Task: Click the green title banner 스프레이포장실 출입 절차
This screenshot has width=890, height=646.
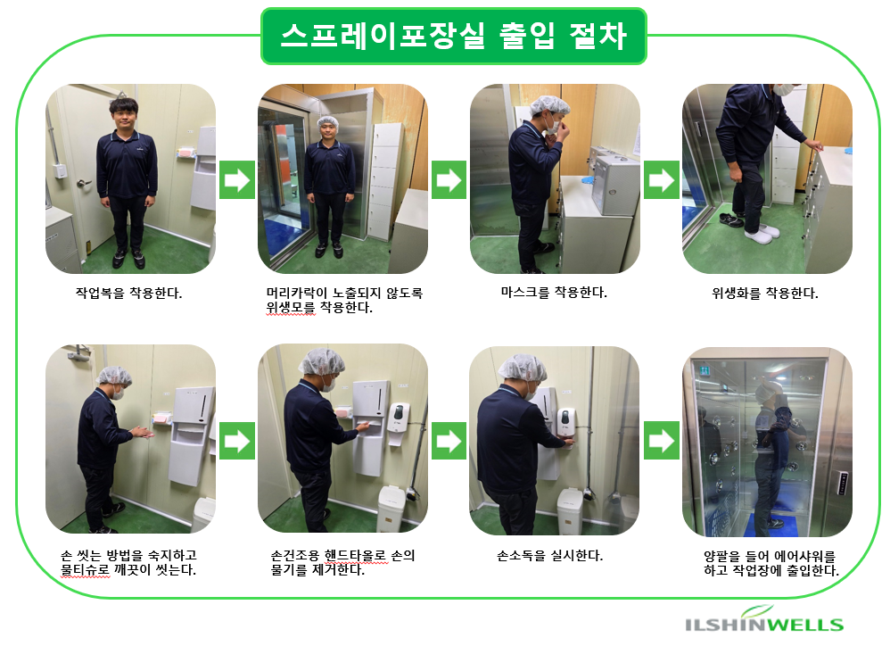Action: pos(454,36)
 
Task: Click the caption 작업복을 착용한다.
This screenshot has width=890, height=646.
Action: pos(128,294)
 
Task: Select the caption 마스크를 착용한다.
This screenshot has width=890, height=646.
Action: pos(554,293)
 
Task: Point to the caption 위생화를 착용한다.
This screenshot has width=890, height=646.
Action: pos(764,294)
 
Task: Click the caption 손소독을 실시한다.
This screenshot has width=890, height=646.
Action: pos(549,556)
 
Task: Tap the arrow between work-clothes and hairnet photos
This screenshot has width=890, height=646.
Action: pos(237,180)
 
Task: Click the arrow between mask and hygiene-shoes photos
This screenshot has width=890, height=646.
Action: pos(661,180)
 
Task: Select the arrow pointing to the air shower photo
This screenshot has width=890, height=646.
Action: pos(661,441)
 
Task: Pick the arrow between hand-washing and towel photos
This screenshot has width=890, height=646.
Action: pos(237,441)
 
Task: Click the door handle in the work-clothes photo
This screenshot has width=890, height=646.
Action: pos(83,183)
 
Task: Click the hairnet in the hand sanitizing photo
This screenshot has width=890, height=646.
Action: pos(523,368)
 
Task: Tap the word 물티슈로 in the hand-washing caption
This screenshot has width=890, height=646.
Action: pos(85,569)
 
